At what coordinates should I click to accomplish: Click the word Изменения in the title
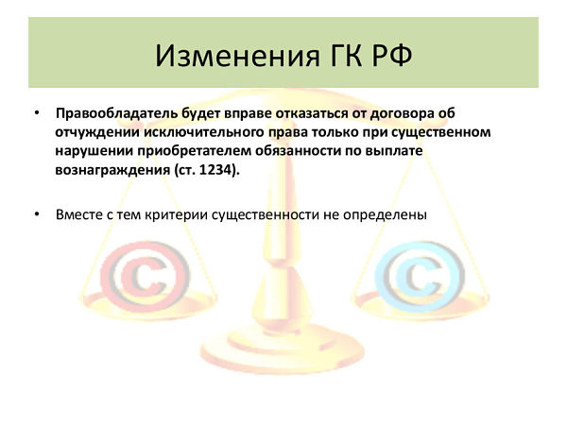(237, 56)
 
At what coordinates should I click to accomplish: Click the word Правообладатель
(116, 113)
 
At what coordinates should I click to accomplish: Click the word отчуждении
(97, 132)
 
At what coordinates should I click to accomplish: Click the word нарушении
(94, 151)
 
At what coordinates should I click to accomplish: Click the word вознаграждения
(112, 170)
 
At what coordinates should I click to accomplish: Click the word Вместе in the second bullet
(80, 214)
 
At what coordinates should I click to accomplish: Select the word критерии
(176, 215)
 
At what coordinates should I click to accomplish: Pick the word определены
(385, 215)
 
